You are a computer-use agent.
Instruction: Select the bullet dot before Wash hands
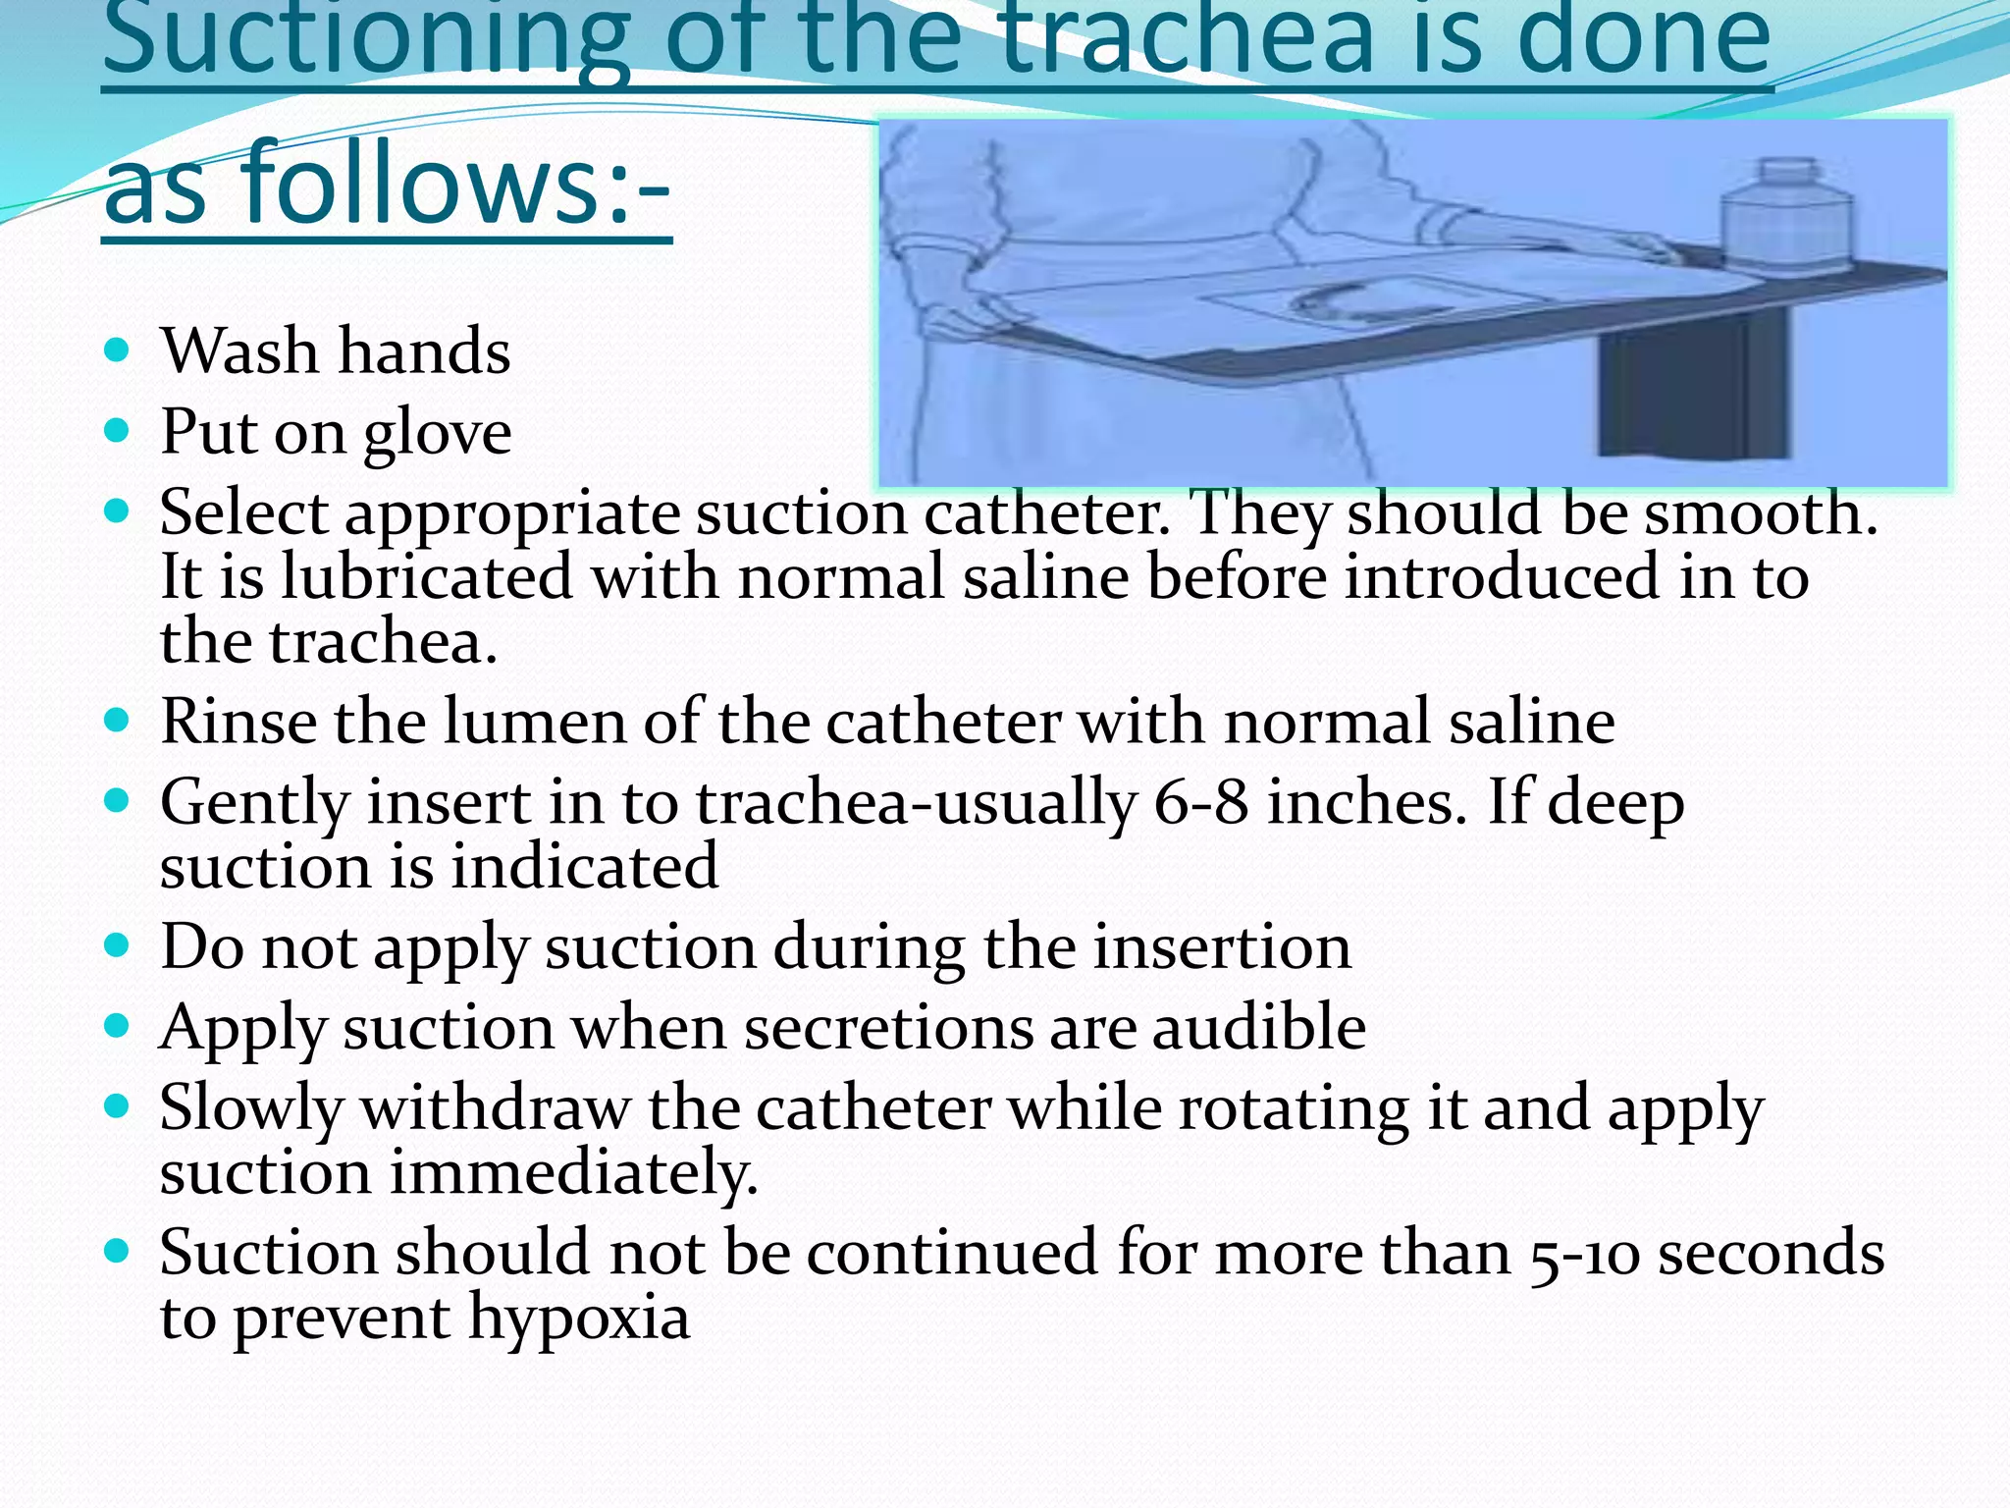[x=117, y=350]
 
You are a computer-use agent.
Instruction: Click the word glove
[x=437, y=433]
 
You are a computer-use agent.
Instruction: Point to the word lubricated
[x=427, y=577]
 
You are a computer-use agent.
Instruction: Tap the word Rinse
[x=238, y=722]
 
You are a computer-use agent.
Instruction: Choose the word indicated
[x=585, y=866]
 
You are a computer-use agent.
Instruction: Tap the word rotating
[x=1293, y=1108]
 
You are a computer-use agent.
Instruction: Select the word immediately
[x=573, y=1173]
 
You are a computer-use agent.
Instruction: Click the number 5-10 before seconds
[x=1583, y=1255]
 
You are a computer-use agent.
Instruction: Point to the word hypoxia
[x=579, y=1318]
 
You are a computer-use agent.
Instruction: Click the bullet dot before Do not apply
[x=117, y=945]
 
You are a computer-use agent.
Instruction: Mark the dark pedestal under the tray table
[x=1672, y=393]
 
